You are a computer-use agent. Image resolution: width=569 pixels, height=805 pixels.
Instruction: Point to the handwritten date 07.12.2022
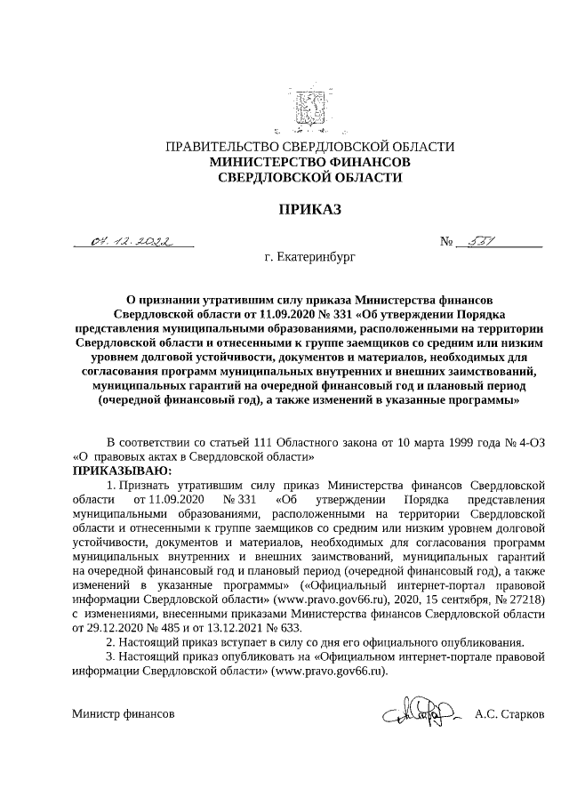click(x=133, y=241)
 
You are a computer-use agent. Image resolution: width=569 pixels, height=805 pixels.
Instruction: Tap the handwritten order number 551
click(x=481, y=241)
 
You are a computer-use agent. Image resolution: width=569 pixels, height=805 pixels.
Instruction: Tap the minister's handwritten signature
click(x=419, y=712)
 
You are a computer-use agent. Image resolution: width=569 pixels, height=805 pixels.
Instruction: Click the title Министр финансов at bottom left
click(x=124, y=714)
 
